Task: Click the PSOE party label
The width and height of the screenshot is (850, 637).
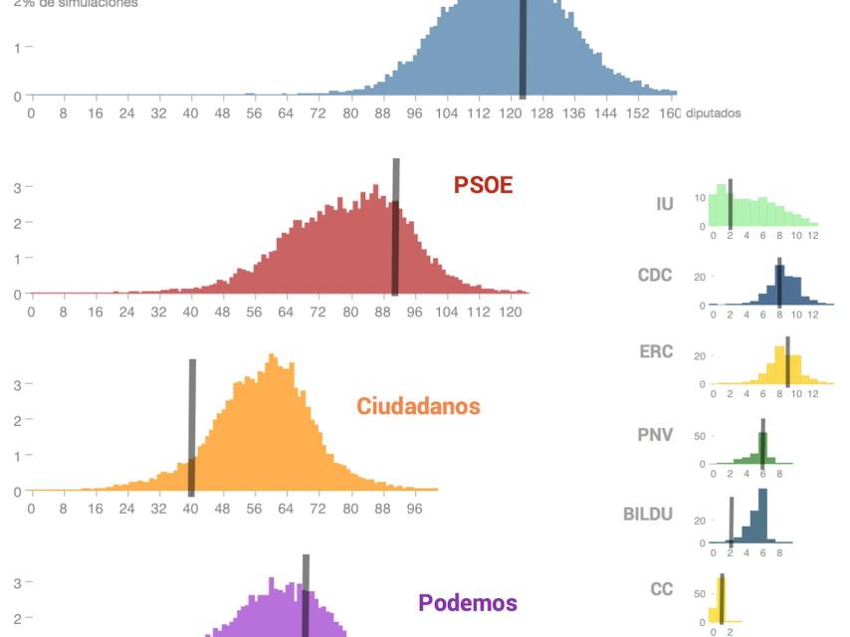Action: pyautogui.click(x=483, y=184)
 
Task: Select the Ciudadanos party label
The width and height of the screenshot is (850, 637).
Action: pyautogui.click(x=418, y=406)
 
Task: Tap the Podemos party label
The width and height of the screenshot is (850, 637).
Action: pyautogui.click(x=468, y=603)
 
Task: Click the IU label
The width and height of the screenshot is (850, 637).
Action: pyautogui.click(x=665, y=204)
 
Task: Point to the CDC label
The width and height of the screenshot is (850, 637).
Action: pyautogui.click(x=655, y=274)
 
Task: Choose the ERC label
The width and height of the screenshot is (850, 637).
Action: pyautogui.click(x=656, y=351)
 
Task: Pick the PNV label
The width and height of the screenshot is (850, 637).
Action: pyautogui.click(x=655, y=435)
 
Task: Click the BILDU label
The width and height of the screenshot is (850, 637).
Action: pyautogui.click(x=648, y=515)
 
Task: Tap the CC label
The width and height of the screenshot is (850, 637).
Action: pyautogui.click(x=662, y=589)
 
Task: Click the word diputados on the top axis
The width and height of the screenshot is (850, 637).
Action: pyautogui.click(x=713, y=113)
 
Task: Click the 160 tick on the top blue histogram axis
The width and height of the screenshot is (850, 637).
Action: pyautogui.click(x=669, y=113)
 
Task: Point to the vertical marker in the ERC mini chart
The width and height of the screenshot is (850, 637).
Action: pyautogui.click(x=787, y=360)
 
